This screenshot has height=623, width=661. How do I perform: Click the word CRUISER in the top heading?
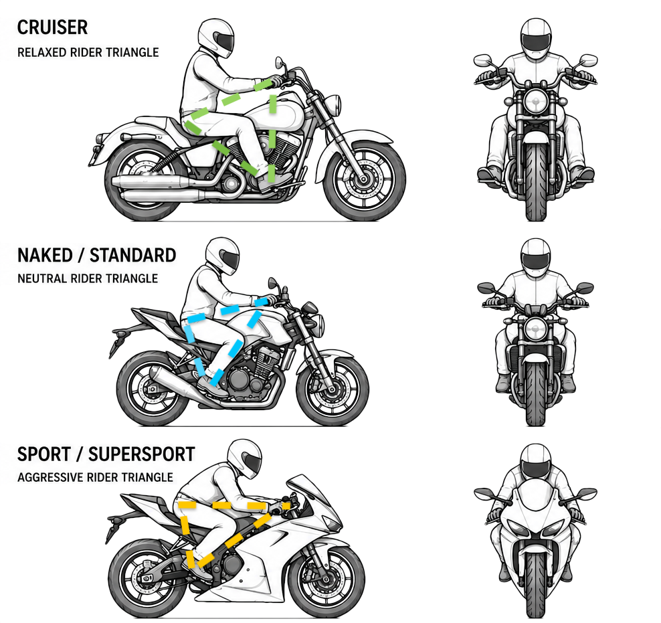(53, 28)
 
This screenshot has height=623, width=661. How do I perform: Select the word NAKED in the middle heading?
(45, 256)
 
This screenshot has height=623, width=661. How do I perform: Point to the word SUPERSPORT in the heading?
(142, 454)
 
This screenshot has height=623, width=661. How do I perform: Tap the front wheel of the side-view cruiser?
(364, 180)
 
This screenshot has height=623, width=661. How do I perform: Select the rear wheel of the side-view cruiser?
(145, 181)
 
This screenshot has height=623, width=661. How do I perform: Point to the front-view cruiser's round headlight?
(536, 102)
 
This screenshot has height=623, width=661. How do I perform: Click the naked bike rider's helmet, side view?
(223, 256)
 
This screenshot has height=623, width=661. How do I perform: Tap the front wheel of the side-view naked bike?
(333, 390)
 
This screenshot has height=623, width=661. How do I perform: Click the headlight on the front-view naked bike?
(536, 329)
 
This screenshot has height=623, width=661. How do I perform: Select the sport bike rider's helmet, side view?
(244, 458)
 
